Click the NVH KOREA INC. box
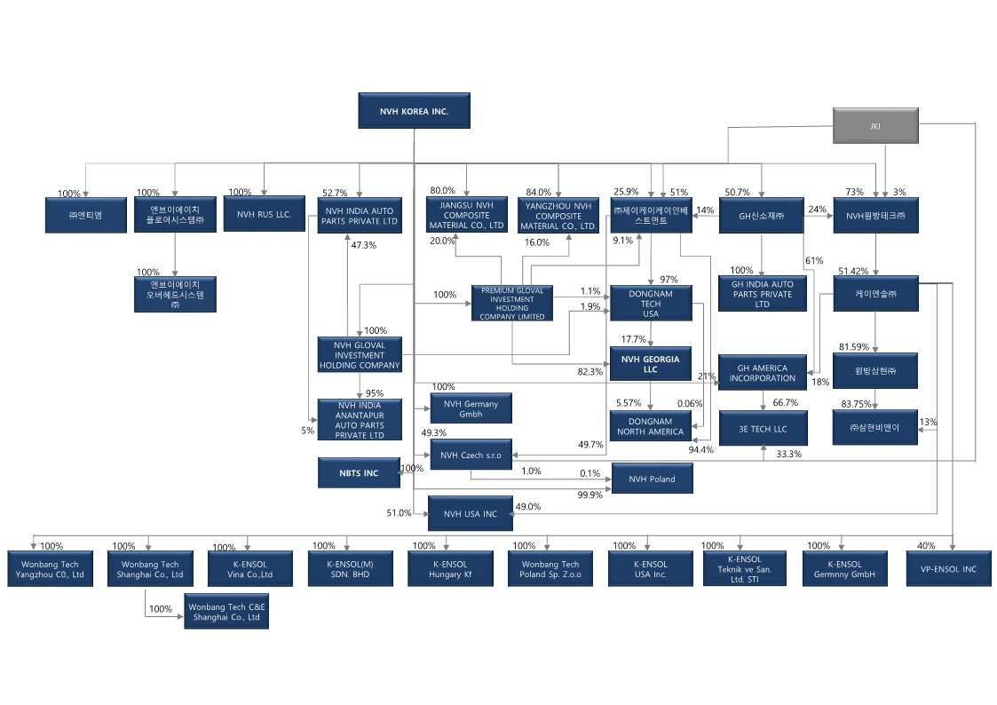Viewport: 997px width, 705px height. tap(414, 112)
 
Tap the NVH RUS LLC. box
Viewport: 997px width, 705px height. tap(264, 215)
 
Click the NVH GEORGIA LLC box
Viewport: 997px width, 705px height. tap(651, 364)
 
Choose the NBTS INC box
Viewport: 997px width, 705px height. tap(360, 473)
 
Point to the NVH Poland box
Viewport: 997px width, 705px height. tap(652, 479)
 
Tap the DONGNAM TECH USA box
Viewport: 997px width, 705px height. tap(651, 304)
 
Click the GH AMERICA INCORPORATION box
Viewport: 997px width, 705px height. tap(763, 374)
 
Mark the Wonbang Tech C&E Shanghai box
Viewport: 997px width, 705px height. tap(226, 613)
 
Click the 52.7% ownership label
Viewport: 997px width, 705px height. tap(335, 193)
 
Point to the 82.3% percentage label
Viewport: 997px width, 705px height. tap(589, 372)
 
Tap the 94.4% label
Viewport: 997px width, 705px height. tap(701, 449)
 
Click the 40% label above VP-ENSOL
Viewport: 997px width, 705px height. tap(926, 546)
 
